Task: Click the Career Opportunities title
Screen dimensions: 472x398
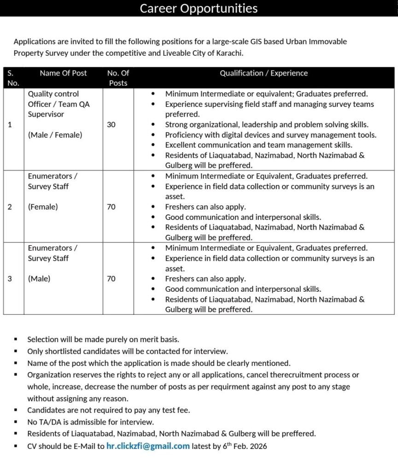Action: pyautogui.click(x=199, y=8)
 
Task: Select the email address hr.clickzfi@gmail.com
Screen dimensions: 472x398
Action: pyautogui.click(x=148, y=446)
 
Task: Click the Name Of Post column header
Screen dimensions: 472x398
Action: pyautogui.click(x=63, y=73)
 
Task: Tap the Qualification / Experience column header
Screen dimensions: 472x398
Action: pyautogui.click(x=263, y=73)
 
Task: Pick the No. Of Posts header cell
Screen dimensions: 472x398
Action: pyautogui.click(x=118, y=78)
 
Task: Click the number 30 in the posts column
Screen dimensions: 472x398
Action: pyautogui.click(x=111, y=124)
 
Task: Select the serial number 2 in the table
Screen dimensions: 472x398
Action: pyautogui.click(x=10, y=206)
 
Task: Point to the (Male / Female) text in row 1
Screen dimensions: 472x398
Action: pyautogui.click(x=55, y=135)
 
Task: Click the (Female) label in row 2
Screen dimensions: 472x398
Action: pyautogui.click(x=43, y=206)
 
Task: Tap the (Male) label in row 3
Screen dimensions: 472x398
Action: pyautogui.click(x=39, y=278)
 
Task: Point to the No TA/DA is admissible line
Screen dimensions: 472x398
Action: pyautogui.click(x=90, y=421)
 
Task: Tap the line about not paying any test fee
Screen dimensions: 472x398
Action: pyautogui.click(x=108, y=409)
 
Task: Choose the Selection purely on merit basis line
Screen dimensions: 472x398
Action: pyautogui.click(x=103, y=339)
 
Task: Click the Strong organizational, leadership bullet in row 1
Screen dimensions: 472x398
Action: pyautogui.click(x=267, y=124)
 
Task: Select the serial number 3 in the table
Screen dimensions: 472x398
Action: pyautogui.click(x=10, y=278)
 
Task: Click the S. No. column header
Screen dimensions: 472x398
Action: pyautogui.click(x=13, y=78)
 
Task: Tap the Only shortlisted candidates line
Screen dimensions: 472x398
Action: pyautogui.click(x=127, y=351)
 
